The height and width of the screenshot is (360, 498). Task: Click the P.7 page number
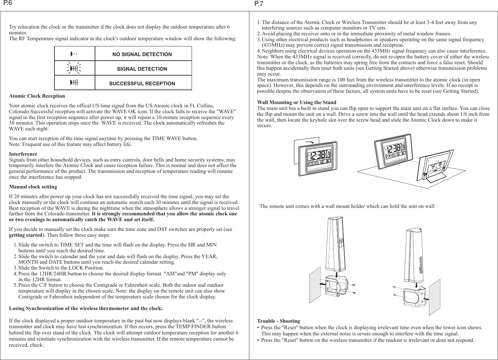click(259, 4)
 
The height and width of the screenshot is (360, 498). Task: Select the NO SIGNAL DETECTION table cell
click(142, 54)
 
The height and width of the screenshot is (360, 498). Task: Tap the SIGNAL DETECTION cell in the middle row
click(142, 69)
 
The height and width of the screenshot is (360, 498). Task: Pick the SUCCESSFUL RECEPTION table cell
click(142, 83)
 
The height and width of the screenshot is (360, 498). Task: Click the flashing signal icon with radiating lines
click(74, 68)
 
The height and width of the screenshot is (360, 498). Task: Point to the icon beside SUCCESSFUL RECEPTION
click(74, 83)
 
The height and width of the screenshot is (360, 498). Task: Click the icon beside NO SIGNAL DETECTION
click(74, 54)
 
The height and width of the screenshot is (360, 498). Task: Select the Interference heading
click(23, 154)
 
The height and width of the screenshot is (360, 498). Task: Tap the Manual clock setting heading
click(33, 187)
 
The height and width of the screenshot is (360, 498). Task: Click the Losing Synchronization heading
click(86, 308)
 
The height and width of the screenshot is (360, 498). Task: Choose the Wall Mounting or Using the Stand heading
click(296, 102)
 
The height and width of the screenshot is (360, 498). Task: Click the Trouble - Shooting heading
click(278, 321)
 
